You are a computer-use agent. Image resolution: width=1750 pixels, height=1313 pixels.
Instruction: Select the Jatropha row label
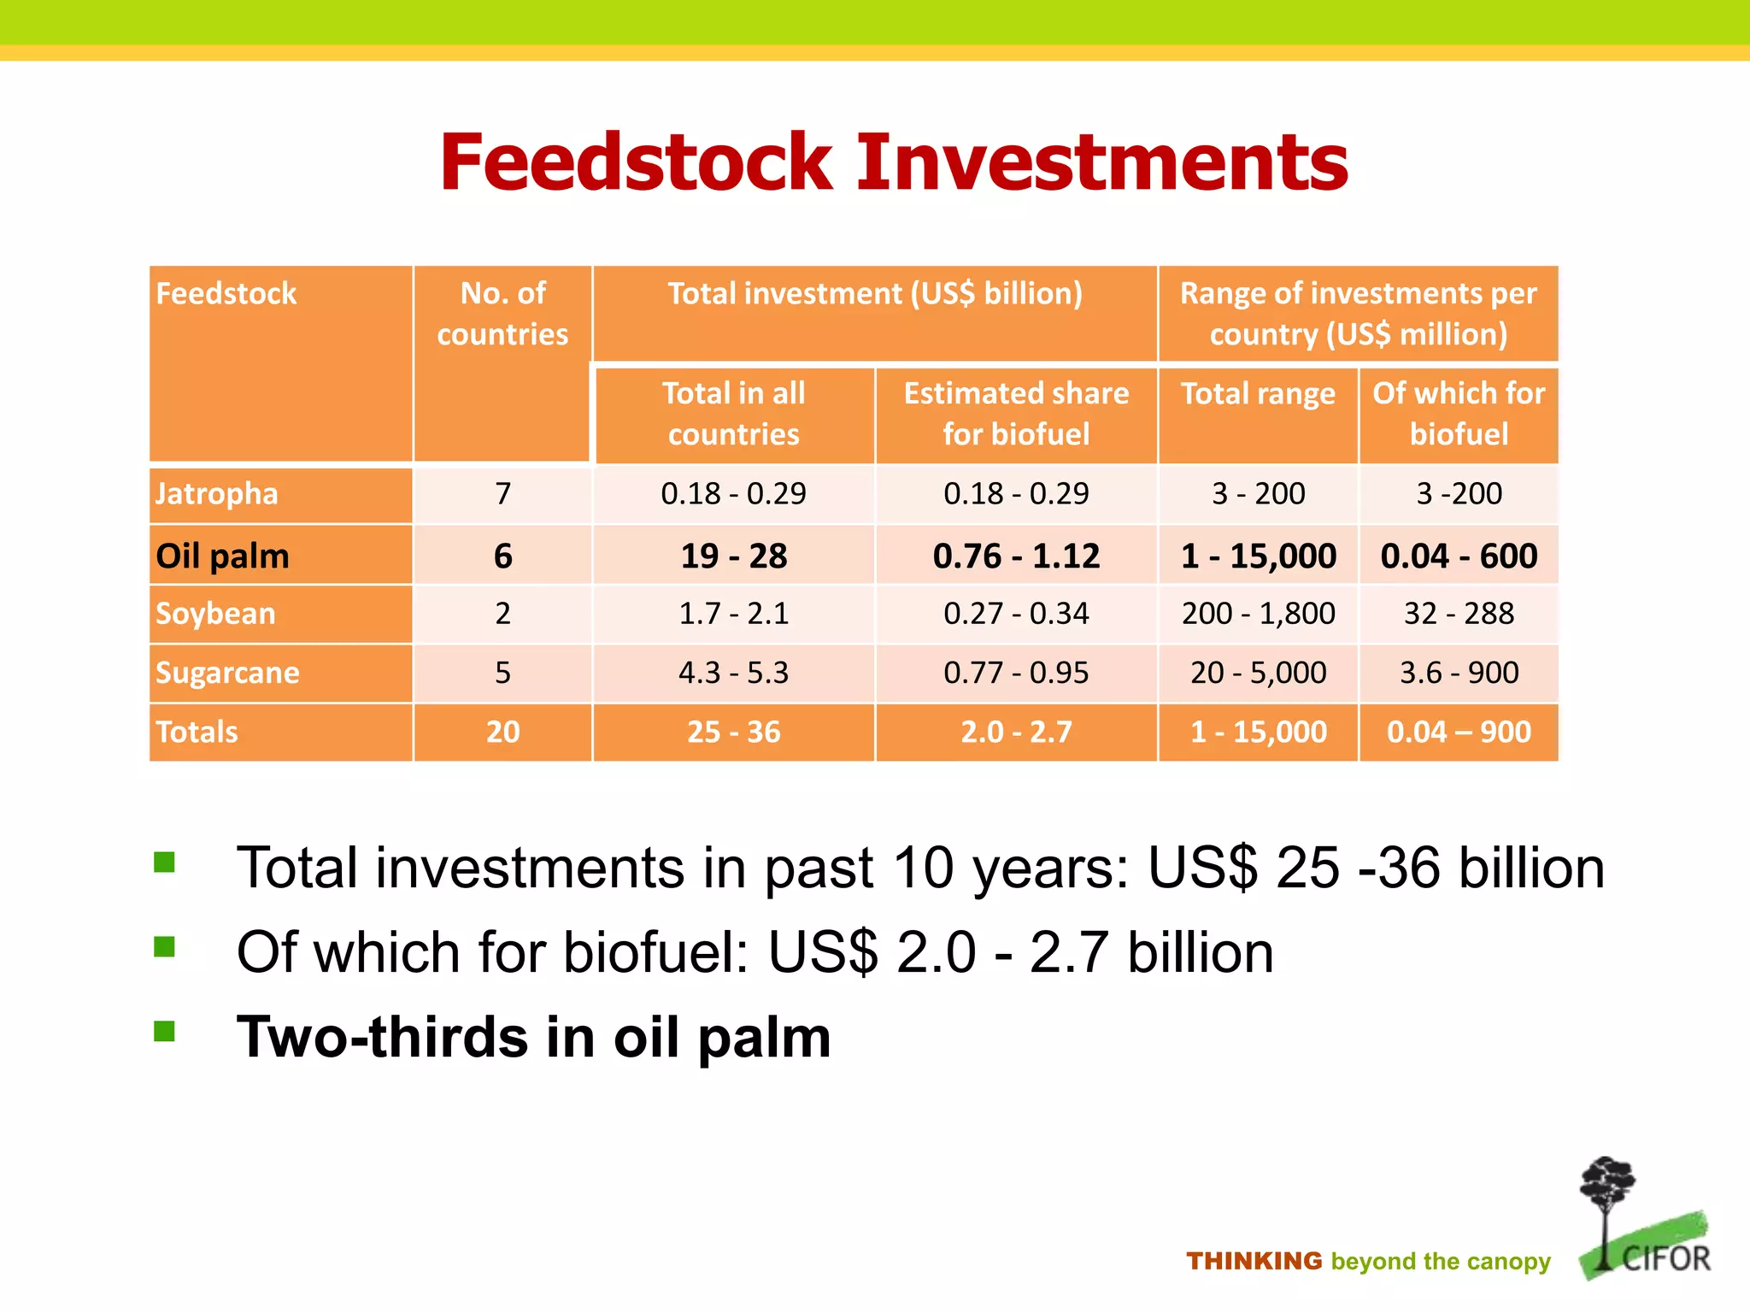pos(217,494)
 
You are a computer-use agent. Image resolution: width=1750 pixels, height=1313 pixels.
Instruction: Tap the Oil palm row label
pos(222,556)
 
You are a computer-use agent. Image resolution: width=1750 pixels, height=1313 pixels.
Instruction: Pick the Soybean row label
pos(215,614)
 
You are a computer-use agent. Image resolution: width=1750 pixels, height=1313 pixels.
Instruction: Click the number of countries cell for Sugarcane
pos(502,673)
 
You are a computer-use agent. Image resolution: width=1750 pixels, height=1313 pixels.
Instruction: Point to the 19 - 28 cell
pos(733,556)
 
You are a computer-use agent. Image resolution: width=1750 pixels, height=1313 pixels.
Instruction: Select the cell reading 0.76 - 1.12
pos(1016,556)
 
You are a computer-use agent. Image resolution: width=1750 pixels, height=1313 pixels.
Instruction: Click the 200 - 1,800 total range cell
pos(1258,614)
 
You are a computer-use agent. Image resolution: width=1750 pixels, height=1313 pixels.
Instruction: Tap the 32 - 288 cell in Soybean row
pos(1459,614)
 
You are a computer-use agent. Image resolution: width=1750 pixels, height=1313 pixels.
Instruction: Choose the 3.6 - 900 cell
pos(1459,673)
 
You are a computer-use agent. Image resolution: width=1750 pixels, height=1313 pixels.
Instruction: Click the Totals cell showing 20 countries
pos(502,732)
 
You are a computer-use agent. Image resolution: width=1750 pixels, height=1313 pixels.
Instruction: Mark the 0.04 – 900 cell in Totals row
pos(1459,732)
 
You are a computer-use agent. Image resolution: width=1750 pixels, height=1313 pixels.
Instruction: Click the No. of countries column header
pos(502,314)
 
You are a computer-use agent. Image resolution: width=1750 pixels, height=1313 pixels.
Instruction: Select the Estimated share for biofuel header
pos(1016,414)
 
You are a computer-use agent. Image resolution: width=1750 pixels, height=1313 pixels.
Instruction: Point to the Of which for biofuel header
pos(1459,414)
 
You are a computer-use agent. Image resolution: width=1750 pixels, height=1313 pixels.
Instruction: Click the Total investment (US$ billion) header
pos(875,294)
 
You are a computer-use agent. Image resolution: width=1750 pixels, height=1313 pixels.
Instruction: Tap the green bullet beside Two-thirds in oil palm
pos(164,1031)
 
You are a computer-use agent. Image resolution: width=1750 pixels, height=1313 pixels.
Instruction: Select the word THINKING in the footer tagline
pos(1254,1261)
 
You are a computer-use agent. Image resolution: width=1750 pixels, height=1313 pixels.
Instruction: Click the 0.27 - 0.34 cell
pos(1016,614)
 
